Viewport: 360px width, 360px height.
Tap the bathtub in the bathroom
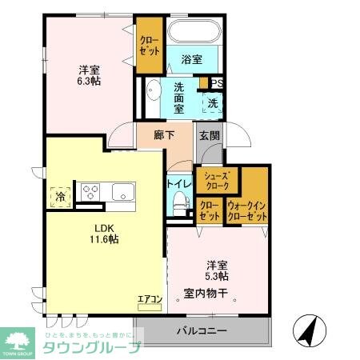[x=195, y=33]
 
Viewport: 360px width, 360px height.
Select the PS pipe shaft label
[x=216, y=82]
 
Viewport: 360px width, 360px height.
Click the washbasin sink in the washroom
[x=152, y=90]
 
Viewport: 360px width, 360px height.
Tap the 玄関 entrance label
[x=210, y=135]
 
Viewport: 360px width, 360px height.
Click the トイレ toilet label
[x=178, y=184]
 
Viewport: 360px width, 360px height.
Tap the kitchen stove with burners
[x=89, y=192]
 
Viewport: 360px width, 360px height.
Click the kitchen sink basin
[x=122, y=192]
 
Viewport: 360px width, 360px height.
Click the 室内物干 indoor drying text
[x=206, y=293]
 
